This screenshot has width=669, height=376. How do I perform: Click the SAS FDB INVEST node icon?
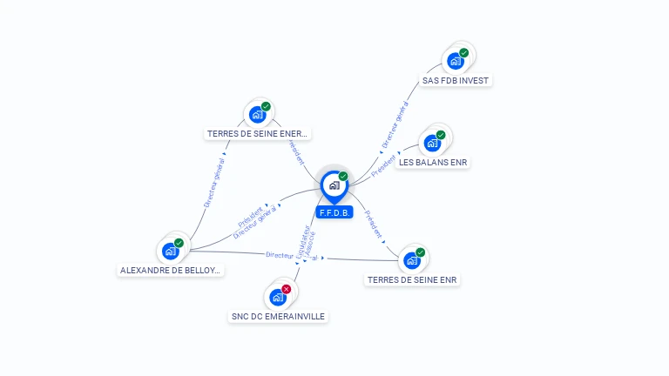click(455, 61)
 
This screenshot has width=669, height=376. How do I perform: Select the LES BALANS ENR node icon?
click(431, 143)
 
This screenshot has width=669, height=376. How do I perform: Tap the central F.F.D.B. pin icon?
click(334, 185)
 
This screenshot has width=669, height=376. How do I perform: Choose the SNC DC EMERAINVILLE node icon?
click(278, 298)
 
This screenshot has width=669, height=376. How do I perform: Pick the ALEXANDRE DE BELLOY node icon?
click(171, 252)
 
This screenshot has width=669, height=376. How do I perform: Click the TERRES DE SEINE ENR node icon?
click(412, 260)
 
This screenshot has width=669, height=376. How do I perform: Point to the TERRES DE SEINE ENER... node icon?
click(257, 114)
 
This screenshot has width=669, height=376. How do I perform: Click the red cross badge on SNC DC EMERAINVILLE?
click(287, 289)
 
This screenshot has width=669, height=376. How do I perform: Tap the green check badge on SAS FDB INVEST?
click(464, 52)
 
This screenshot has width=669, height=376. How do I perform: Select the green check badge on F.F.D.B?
click(343, 176)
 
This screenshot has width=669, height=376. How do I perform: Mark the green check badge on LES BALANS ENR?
click(441, 135)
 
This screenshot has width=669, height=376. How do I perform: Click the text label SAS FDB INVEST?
click(456, 80)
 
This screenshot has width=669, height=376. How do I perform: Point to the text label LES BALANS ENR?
click(433, 162)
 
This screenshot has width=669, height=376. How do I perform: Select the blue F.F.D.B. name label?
click(334, 212)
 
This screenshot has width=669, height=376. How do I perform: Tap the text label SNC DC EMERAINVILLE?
click(278, 317)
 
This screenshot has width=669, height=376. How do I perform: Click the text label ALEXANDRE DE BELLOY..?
click(171, 271)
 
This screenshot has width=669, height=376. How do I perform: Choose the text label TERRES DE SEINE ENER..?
click(257, 134)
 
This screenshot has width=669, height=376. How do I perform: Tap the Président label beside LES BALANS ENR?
click(383, 165)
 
